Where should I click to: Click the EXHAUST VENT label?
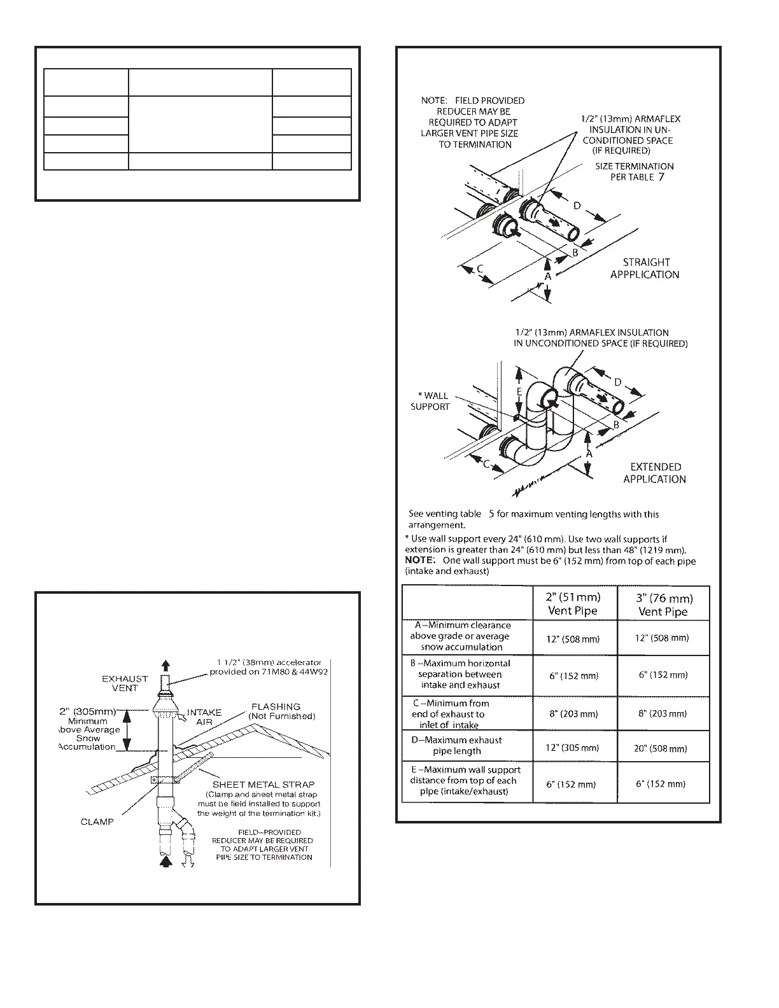click(x=125, y=683)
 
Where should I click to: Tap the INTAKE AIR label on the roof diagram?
click(x=204, y=717)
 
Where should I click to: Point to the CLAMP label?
click(x=97, y=822)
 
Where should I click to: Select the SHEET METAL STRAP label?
click(x=263, y=785)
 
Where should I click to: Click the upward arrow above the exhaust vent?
click(x=166, y=666)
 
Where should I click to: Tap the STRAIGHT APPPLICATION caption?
click(x=645, y=268)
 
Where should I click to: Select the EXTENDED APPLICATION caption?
click(x=655, y=473)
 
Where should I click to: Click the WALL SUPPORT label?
click(x=431, y=401)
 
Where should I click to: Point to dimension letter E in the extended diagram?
click(x=519, y=392)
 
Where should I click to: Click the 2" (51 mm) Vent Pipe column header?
click(x=573, y=604)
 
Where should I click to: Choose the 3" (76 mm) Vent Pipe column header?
click(x=663, y=605)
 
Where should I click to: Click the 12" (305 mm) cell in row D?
click(x=573, y=748)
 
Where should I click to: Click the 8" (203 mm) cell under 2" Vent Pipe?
click(x=573, y=713)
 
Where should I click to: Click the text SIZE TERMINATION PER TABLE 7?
click(x=635, y=172)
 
